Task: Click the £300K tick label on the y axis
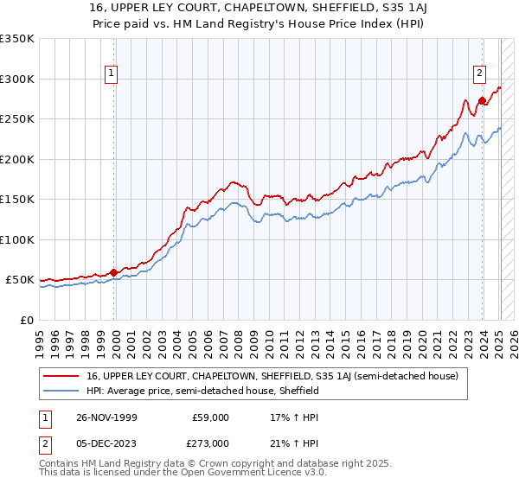click(16, 79)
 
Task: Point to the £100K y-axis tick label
click(16, 239)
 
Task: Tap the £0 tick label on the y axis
click(26, 320)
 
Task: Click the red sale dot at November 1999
click(114, 272)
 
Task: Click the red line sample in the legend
click(63, 376)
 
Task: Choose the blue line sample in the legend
click(63, 391)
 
